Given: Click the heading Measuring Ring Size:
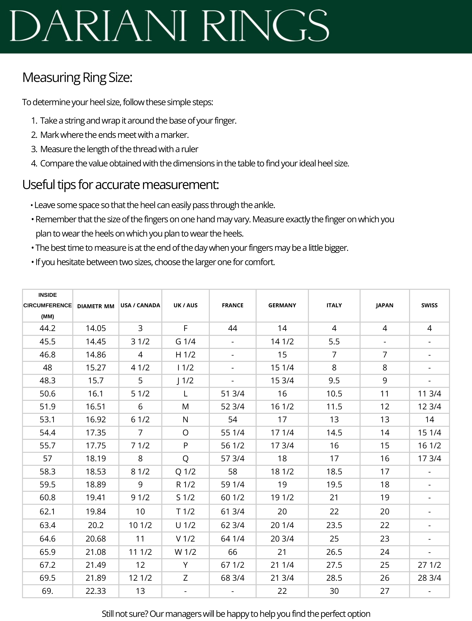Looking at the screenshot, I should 77,78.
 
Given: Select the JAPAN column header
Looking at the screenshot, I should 385,305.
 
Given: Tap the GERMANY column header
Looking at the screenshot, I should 282,305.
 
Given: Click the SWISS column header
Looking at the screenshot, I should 429,305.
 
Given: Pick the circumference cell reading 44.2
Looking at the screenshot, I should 48,328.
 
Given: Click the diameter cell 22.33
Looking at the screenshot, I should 96,591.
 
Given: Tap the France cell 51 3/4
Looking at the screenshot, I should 233,394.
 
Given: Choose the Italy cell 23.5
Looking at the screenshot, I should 334,525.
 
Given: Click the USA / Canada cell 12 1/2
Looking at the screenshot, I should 140,578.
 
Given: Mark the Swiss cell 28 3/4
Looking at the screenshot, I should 429,578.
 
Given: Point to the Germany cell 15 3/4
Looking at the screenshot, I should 282,381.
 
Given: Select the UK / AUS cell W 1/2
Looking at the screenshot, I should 185,552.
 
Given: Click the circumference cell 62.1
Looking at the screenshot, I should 48,511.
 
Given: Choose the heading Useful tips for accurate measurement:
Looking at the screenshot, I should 121,185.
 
